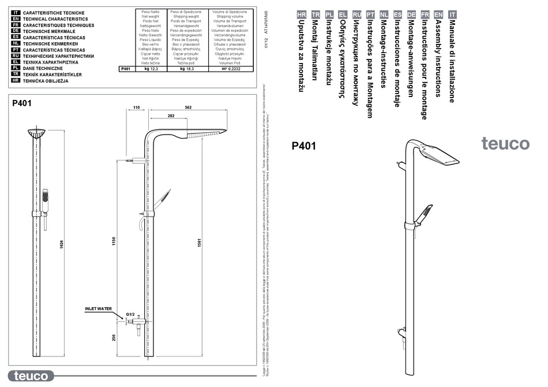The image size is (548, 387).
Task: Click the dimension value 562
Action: (x=188, y=107)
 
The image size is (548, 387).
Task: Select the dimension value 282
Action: (x=171, y=116)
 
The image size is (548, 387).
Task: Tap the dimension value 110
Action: (x=137, y=107)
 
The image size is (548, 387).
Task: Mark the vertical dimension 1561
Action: (x=199, y=243)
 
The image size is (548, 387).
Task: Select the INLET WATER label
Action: (x=99, y=309)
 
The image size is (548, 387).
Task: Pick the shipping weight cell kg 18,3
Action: (x=186, y=69)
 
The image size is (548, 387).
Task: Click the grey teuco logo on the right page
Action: (x=505, y=144)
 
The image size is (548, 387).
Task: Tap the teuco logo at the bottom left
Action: (x=32, y=376)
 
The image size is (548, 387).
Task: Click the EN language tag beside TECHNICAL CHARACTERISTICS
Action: (x=16, y=18)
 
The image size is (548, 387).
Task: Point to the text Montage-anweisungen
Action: (x=411, y=58)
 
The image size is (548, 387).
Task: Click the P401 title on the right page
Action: (x=304, y=146)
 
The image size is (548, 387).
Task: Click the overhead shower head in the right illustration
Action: (x=440, y=154)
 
